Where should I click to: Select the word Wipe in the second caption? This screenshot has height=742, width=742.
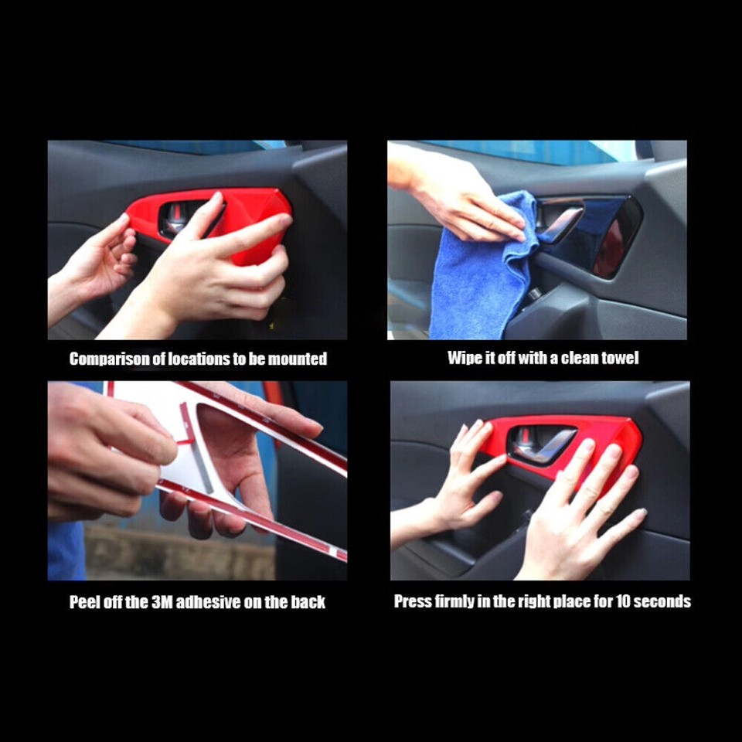coord(464,358)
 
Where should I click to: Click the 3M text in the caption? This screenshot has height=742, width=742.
coord(161,602)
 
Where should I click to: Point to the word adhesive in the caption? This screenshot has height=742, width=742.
coord(209,602)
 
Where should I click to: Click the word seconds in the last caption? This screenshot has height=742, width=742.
coord(663,601)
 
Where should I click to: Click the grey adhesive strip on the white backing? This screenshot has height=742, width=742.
coord(203,468)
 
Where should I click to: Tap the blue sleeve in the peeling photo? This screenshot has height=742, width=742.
coord(66,549)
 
